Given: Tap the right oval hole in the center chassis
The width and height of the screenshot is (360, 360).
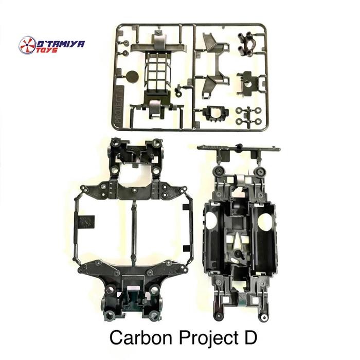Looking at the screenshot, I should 264,222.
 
